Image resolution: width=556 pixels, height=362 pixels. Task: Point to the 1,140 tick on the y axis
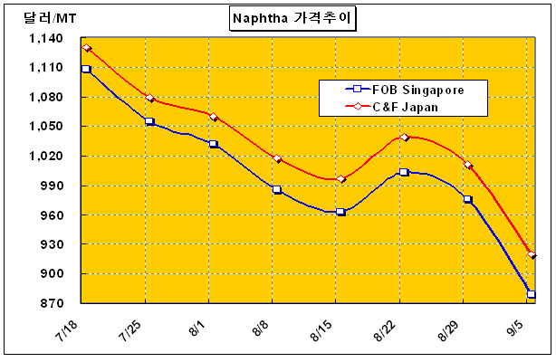[x=45, y=39]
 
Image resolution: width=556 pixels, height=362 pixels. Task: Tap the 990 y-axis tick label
[x=52, y=186]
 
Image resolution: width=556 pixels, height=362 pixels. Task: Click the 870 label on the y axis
[x=52, y=304]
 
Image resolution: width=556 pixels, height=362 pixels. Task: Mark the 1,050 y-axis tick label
[x=45, y=128]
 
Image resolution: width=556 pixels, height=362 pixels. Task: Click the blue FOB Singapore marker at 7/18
[x=86, y=69]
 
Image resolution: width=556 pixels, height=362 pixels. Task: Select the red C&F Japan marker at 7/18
[x=86, y=48]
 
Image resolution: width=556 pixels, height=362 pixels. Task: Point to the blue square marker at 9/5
[x=532, y=295]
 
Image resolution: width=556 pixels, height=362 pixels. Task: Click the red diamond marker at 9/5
[x=532, y=256]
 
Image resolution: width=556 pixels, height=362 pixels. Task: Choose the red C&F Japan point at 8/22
[x=404, y=138]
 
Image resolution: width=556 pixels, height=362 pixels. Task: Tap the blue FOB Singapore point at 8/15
[x=340, y=212]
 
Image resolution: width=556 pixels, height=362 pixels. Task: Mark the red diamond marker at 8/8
[x=277, y=159]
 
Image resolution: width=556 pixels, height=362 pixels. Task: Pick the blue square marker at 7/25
[x=149, y=121]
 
